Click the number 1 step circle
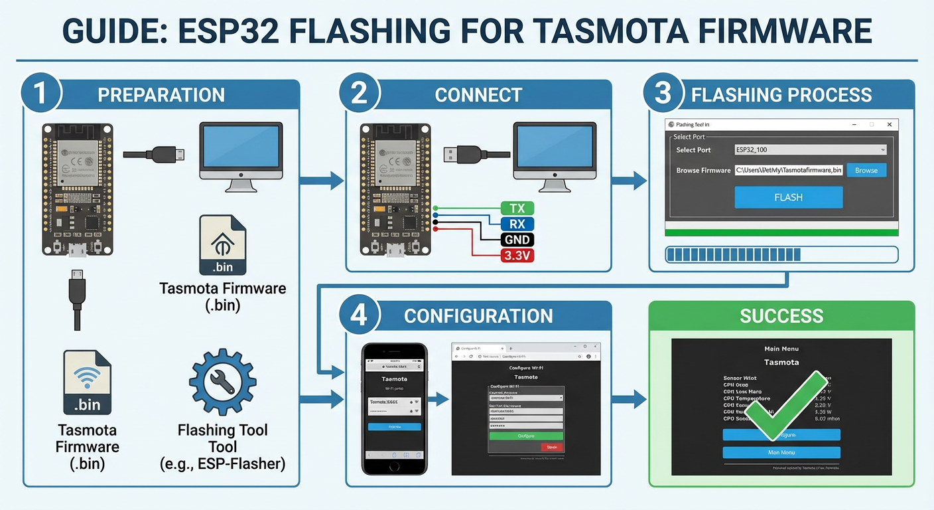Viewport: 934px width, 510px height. coord(40,93)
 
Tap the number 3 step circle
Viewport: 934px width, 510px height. coord(663,93)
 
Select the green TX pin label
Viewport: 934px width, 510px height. coord(517,209)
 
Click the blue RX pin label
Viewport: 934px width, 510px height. coord(517,224)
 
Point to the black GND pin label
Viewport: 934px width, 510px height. coord(517,240)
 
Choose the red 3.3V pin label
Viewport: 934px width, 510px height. coord(517,256)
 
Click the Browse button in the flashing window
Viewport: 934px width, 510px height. coord(866,171)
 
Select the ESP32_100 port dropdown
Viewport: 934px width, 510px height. coord(810,150)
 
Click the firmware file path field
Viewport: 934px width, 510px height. coord(789,171)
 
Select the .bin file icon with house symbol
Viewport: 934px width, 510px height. coord(223,245)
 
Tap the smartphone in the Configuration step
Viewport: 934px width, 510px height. coord(395,408)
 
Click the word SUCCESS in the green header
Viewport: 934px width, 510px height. coord(781,315)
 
